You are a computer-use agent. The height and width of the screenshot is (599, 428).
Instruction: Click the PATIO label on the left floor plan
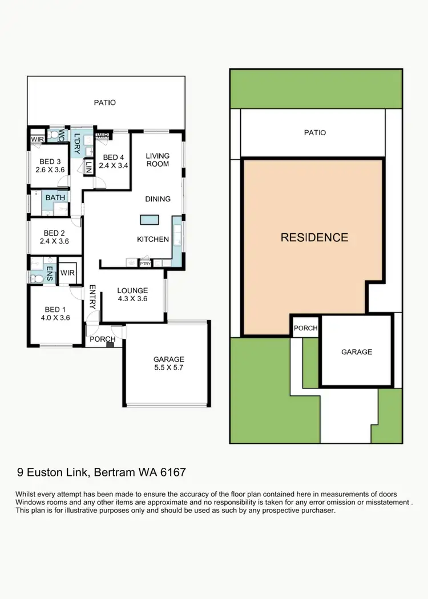click(105, 103)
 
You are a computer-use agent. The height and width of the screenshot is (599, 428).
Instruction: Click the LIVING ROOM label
click(158, 160)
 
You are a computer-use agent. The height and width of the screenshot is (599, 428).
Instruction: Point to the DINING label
click(158, 199)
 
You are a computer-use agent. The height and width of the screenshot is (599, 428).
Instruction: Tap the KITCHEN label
click(152, 239)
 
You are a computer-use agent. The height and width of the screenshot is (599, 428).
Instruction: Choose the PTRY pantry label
click(146, 264)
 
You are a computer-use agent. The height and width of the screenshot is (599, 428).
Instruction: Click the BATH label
click(55, 197)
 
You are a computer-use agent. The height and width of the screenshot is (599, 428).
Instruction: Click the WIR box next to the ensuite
click(67, 272)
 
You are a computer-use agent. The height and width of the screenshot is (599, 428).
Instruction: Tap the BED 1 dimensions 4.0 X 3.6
click(56, 318)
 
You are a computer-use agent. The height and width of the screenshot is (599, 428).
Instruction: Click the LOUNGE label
click(132, 290)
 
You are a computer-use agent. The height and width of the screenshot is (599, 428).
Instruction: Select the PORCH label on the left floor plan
click(103, 339)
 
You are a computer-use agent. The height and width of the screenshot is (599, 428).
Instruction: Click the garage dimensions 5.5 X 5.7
click(168, 369)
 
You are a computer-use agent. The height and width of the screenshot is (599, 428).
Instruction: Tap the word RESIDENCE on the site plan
click(314, 237)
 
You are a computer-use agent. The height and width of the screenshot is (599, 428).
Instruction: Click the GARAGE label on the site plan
click(357, 352)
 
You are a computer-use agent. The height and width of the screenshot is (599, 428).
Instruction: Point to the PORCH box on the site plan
click(305, 329)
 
